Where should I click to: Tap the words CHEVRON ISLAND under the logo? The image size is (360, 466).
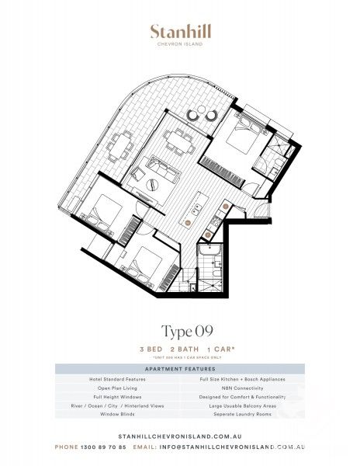pos(180,44)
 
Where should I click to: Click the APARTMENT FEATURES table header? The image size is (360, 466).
pos(180,369)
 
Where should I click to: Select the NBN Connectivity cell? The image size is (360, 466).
pos(243,387)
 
